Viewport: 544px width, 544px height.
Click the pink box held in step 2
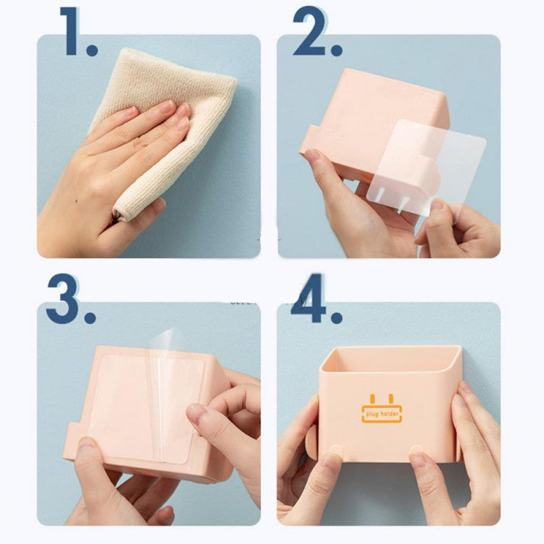pyautogui.click(x=367, y=109)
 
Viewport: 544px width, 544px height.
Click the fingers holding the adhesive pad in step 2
pyautogui.click(x=435, y=218)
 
